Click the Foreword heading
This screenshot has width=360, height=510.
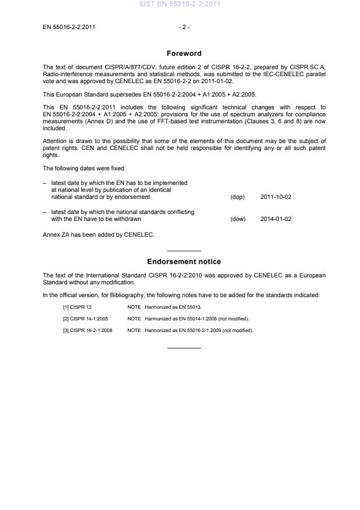[x=184, y=54]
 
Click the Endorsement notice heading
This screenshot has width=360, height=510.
[x=184, y=262]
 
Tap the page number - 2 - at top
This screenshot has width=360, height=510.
[x=184, y=27]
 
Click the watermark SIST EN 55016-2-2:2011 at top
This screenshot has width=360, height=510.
[x=180, y=5]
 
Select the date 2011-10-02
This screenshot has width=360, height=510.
[x=276, y=197]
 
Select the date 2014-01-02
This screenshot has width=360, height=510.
[x=276, y=219]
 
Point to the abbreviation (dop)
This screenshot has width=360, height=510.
[x=237, y=197]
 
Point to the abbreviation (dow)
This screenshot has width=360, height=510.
[x=238, y=219]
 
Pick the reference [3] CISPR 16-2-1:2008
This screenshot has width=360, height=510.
[x=88, y=330]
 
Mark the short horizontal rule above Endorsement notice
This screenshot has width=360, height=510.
[x=184, y=250]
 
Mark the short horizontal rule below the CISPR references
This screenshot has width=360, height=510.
[x=184, y=348]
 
